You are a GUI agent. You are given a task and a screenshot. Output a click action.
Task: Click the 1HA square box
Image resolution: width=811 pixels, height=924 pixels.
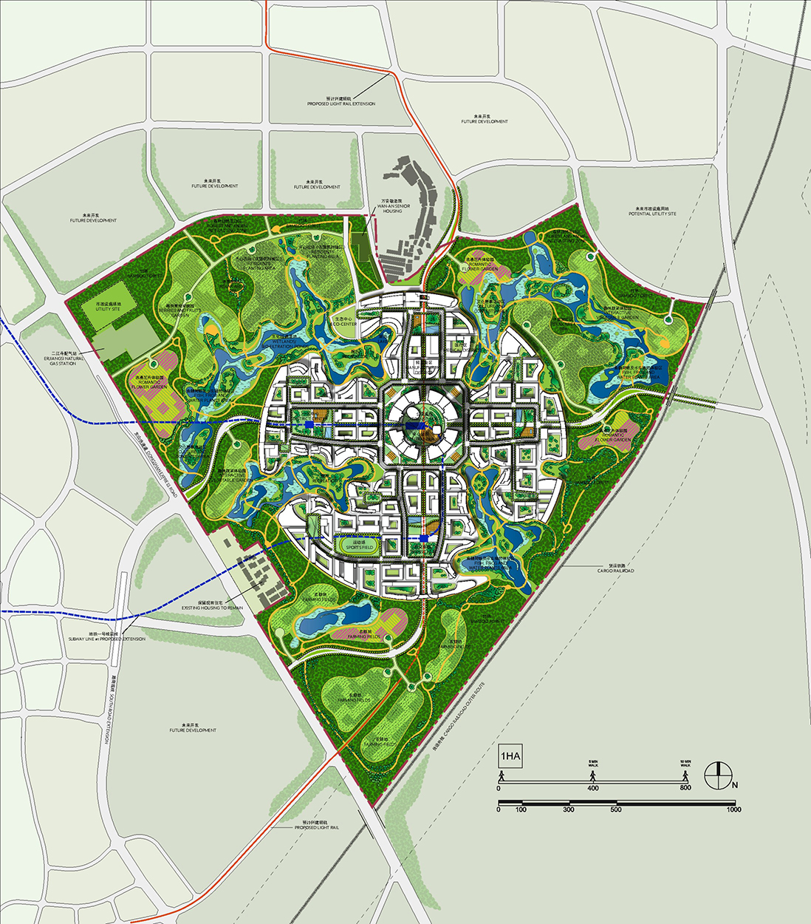[x=510, y=756]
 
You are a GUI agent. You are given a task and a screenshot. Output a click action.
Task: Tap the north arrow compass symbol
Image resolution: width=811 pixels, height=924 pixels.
[x=717, y=775]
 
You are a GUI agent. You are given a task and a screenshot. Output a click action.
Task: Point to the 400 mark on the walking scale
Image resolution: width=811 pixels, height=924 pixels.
[x=592, y=788]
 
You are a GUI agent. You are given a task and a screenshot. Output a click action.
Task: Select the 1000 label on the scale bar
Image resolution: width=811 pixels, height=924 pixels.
[x=733, y=810]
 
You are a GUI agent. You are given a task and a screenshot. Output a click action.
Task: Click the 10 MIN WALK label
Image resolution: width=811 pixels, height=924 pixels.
[x=685, y=764]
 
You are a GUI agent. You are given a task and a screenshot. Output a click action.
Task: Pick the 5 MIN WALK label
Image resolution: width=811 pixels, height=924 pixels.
[x=592, y=764]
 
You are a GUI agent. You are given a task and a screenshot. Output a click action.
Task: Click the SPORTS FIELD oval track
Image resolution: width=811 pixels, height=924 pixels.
[x=358, y=546]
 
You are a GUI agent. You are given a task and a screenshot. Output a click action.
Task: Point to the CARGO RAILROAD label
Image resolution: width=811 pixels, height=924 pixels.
[x=616, y=568]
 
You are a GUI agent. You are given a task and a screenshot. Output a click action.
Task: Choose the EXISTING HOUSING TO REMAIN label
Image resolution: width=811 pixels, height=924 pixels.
[x=212, y=605]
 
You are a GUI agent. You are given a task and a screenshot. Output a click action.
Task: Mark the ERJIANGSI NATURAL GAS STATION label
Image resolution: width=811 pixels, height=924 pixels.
[x=63, y=359]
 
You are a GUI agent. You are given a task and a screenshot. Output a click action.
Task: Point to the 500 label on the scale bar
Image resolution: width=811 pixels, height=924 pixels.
[x=615, y=810]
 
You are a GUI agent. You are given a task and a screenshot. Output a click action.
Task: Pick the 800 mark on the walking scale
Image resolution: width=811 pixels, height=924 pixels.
[x=685, y=788]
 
